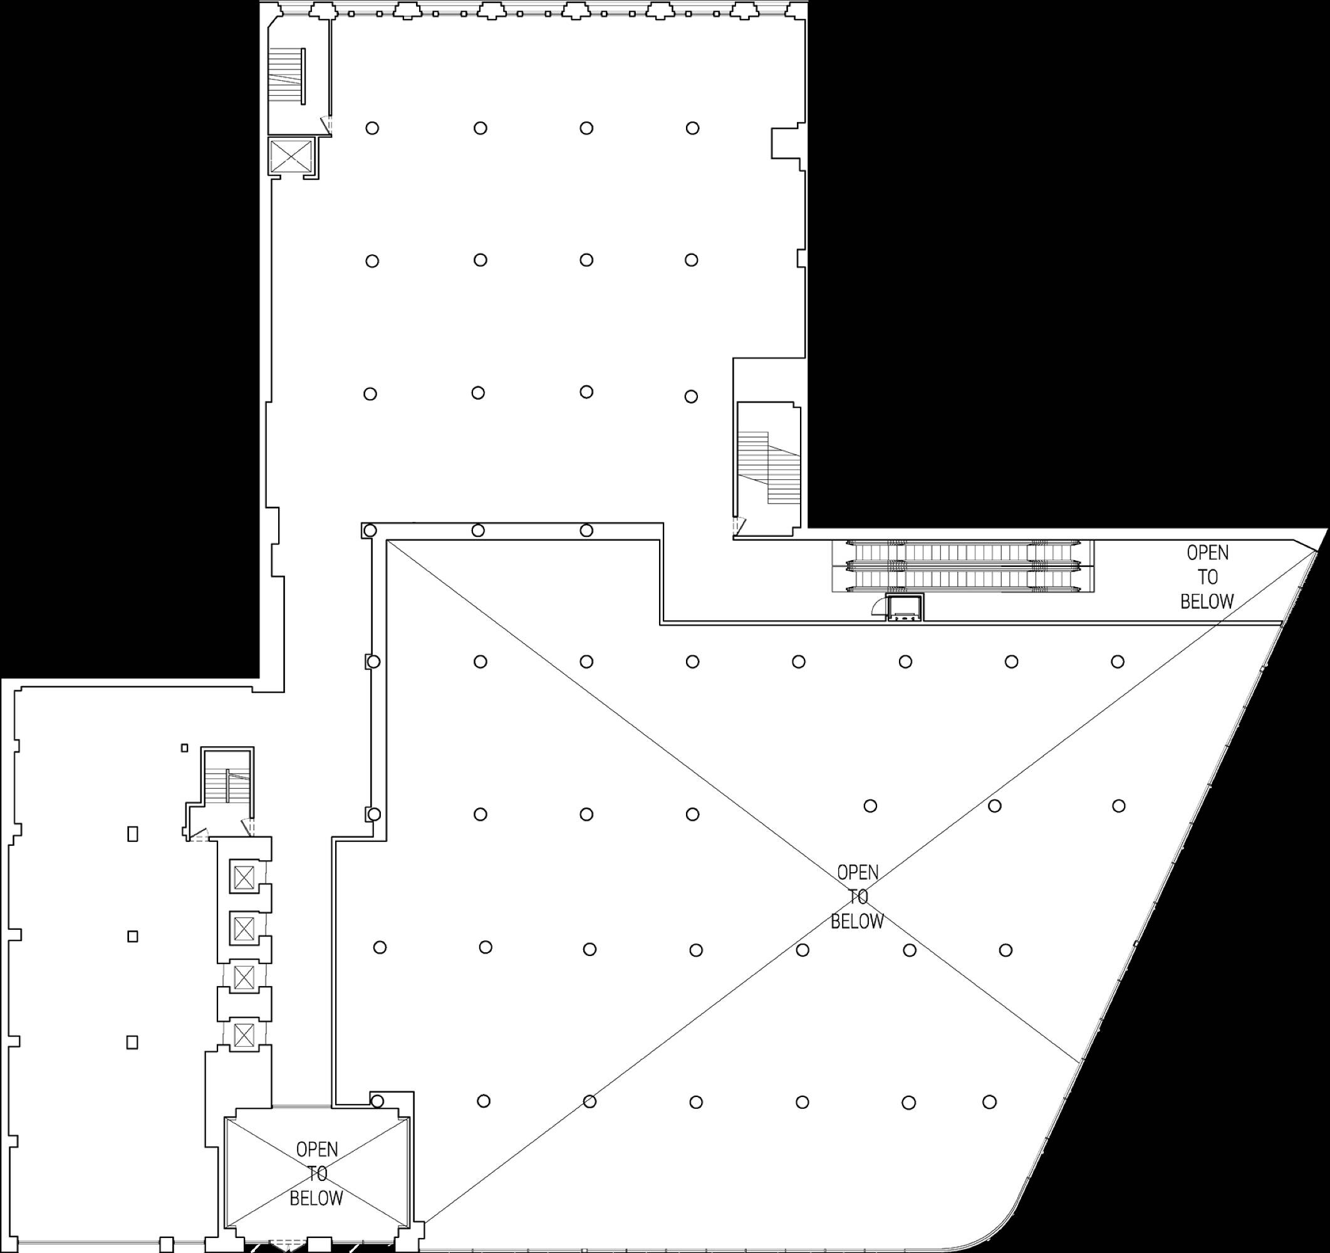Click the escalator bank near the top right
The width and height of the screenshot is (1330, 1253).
pos(964,566)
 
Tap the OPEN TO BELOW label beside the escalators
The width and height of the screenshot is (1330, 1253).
pos(1207,576)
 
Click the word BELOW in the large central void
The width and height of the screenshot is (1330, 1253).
pos(857,921)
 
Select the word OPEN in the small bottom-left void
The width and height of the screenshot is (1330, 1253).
pos(316,1149)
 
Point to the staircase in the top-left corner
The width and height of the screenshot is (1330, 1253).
pos(287,76)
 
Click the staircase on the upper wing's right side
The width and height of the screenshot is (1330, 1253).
pos(769,467)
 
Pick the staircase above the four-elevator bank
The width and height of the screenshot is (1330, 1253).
pos(227,786)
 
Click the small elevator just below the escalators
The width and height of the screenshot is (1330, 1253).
pos(905,608)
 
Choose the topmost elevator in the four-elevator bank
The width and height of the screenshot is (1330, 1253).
pos(244,876)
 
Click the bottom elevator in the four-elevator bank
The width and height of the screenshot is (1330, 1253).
pos(244,1036)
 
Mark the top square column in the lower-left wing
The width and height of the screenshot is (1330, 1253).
pos(132,834)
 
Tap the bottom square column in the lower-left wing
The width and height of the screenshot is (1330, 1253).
pos(132,1042)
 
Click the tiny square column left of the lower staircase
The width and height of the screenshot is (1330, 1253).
pos(185,748)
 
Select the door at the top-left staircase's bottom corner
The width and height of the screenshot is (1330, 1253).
pos(325,125)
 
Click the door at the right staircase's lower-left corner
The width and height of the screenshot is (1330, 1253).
pos(739,526)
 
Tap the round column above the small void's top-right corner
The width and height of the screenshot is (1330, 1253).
pos(377,1101)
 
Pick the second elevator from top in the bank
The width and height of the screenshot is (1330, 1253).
pos(244,928)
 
